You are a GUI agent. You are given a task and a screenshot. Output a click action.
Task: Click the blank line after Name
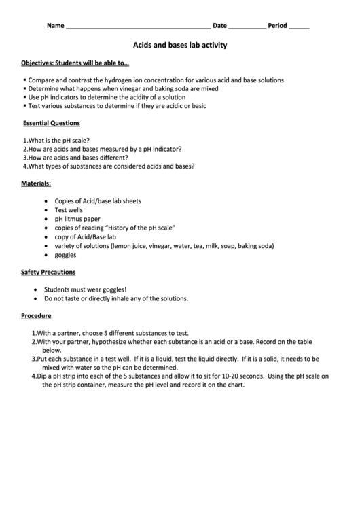click(x=138, y=27)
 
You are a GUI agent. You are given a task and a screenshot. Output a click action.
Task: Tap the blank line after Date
click(x=247, y=27)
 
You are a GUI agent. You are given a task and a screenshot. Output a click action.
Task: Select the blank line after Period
click(x=300, y=27)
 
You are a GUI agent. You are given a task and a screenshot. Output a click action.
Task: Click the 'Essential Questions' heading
click(x=52, y=124)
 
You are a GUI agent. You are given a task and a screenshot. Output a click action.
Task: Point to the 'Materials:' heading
click(x=36, y=183)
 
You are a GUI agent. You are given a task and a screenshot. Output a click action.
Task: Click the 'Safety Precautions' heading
click(x=48, y=273)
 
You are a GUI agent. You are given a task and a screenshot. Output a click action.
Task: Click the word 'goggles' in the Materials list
click(x=66, y=255)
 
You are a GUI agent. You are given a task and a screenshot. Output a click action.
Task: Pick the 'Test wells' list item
click(x=69, y=210)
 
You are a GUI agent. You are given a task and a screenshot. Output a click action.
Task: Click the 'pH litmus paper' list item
click(x=77, y=220)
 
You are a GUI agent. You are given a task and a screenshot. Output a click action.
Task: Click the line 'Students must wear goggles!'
click(x=86, y=289)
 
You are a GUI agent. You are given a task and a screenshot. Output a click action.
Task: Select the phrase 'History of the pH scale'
click(x=142, y=228)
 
